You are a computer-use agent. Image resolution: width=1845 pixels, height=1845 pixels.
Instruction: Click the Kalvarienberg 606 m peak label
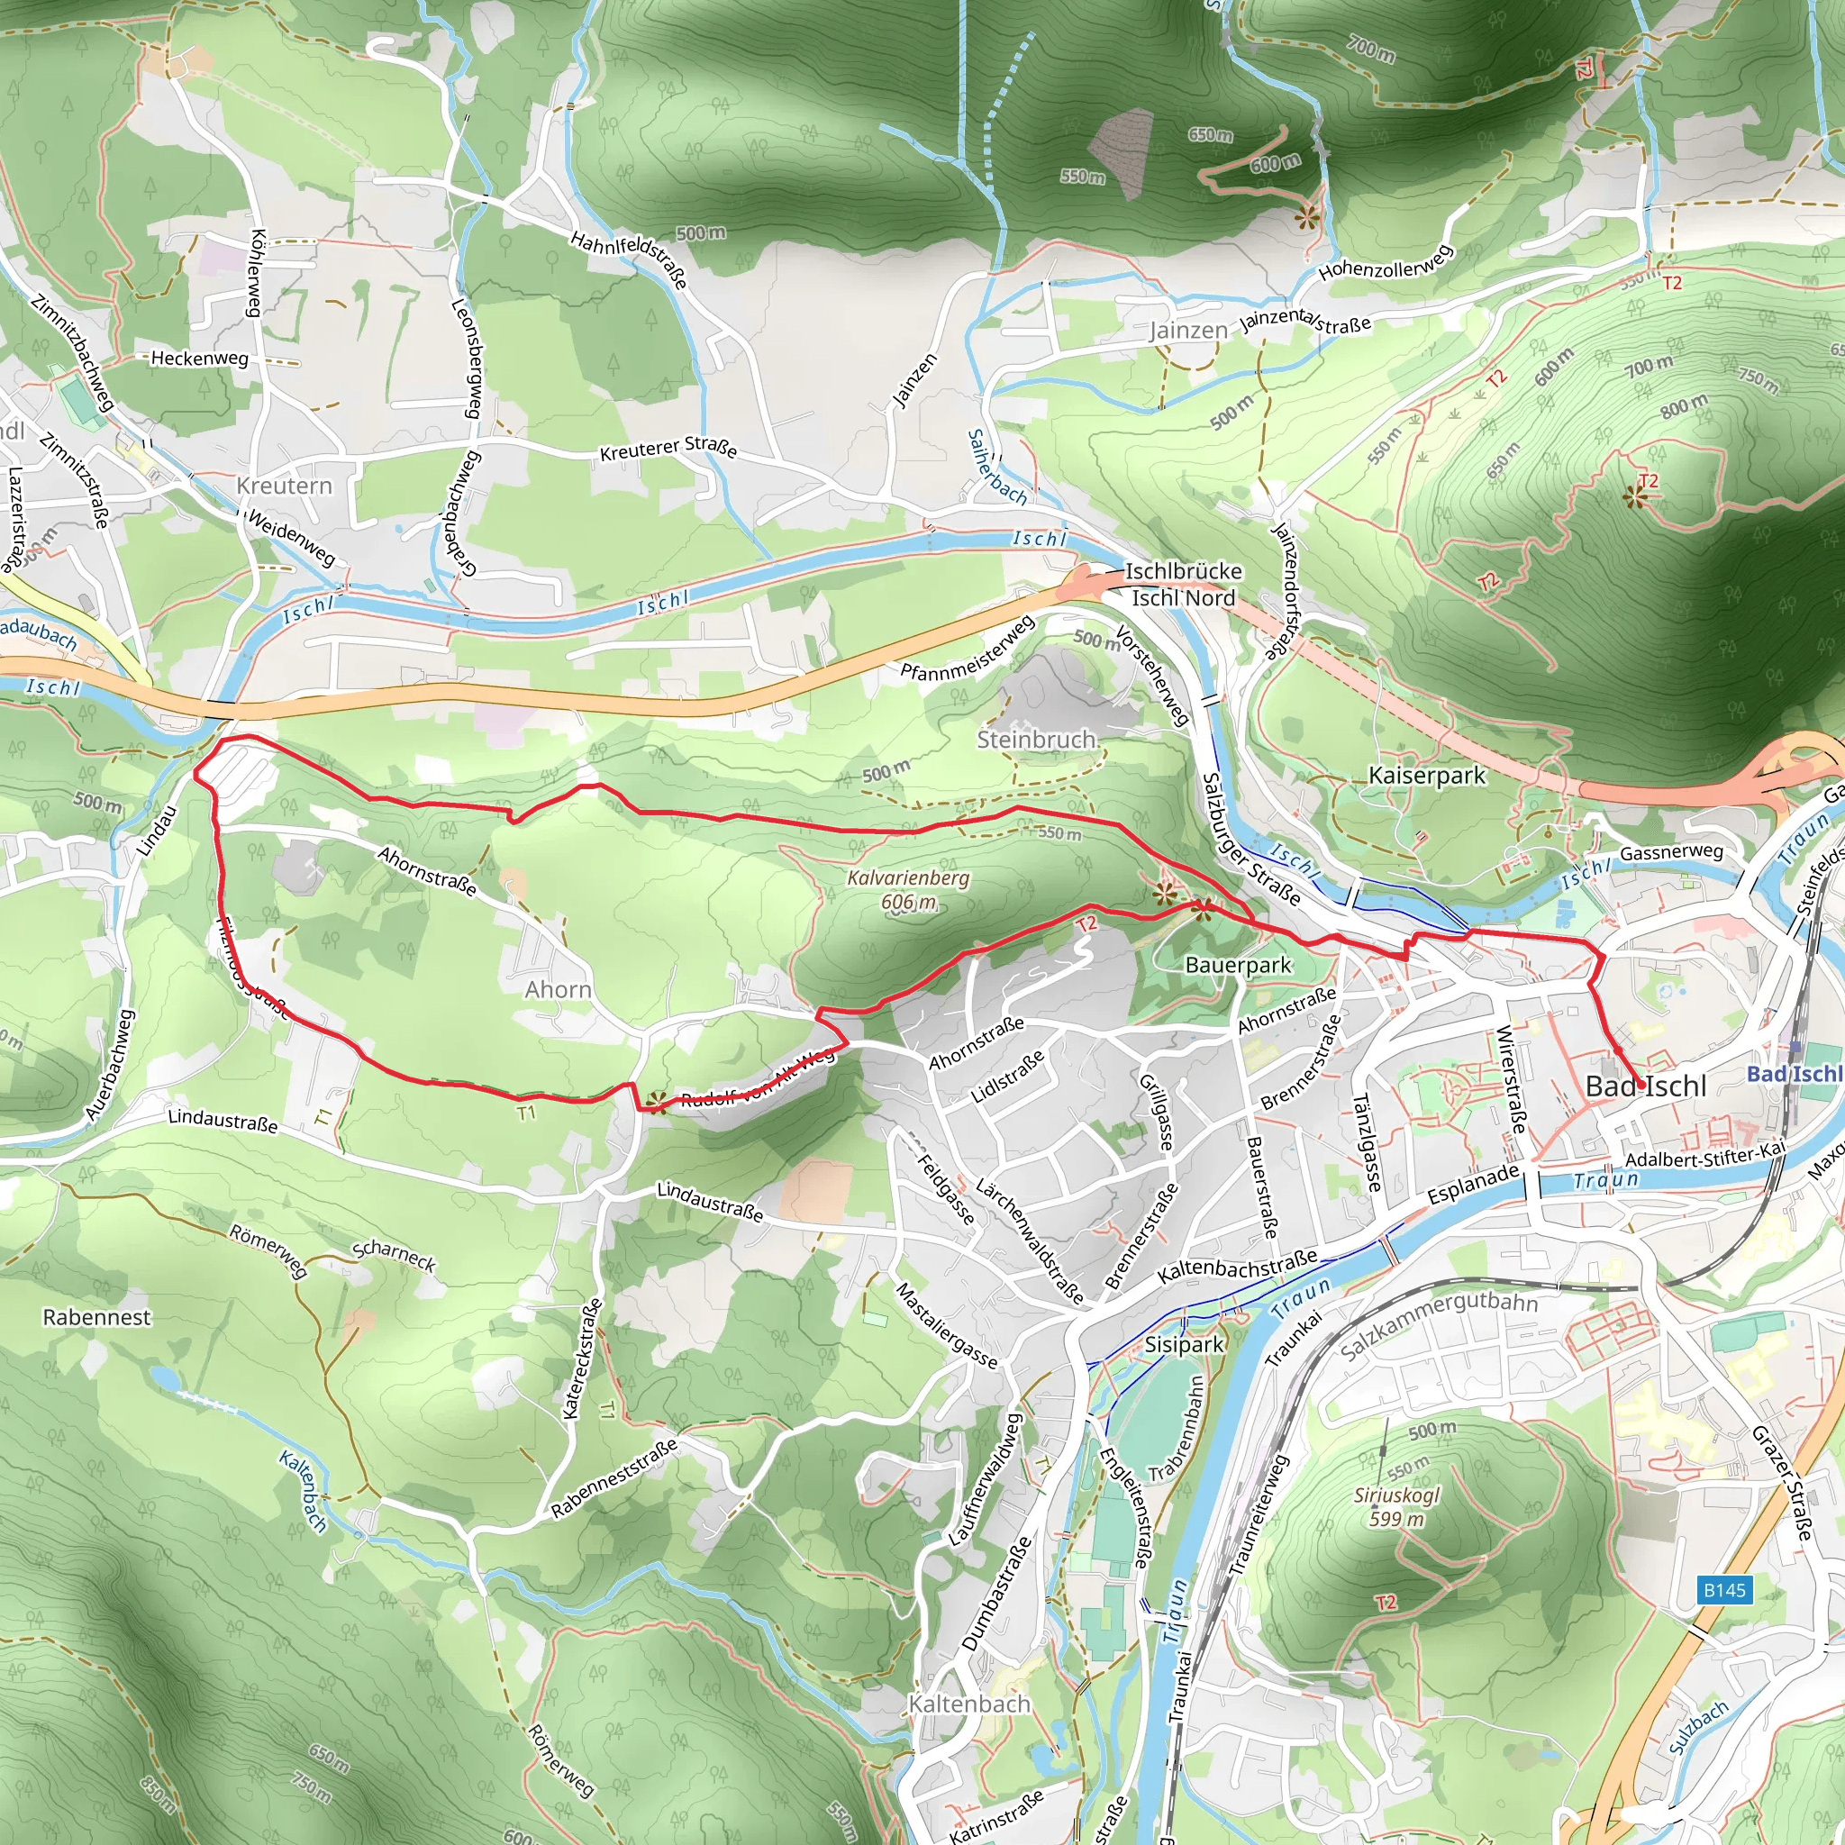(x=907, y=889)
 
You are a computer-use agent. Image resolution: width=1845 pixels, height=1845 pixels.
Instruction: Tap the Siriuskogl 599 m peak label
(x=1396, y=1507)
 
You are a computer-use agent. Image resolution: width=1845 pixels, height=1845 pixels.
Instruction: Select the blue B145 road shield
(x=1724, y=1590)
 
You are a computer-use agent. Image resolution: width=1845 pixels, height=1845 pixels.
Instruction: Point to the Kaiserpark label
(x=1427, y=776)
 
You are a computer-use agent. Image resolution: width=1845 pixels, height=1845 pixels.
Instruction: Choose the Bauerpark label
(x=1238, y=966)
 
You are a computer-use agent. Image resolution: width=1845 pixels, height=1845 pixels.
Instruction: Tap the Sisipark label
(x=1183, y=1345)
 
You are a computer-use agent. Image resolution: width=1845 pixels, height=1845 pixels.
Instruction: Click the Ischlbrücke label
(x=1183, y=571)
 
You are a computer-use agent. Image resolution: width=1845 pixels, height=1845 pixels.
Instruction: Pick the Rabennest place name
(x=96, y=1318)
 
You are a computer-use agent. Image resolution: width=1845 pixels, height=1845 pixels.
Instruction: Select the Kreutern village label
(x=284, y=486)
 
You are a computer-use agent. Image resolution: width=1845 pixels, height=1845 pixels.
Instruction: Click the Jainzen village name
(x=1188, y=331)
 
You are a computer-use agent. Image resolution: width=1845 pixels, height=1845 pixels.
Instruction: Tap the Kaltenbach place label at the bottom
(x=969, y=1704)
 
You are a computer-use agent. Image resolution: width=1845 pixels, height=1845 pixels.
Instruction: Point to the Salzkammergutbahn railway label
(x=1438, y=1325)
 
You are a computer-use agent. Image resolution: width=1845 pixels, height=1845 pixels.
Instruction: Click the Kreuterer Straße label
(x=668, y=449)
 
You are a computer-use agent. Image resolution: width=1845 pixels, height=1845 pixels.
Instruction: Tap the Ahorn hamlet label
(x=558, y=989)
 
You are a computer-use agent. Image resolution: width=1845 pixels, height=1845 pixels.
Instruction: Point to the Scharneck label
(x=395, y=1256)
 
